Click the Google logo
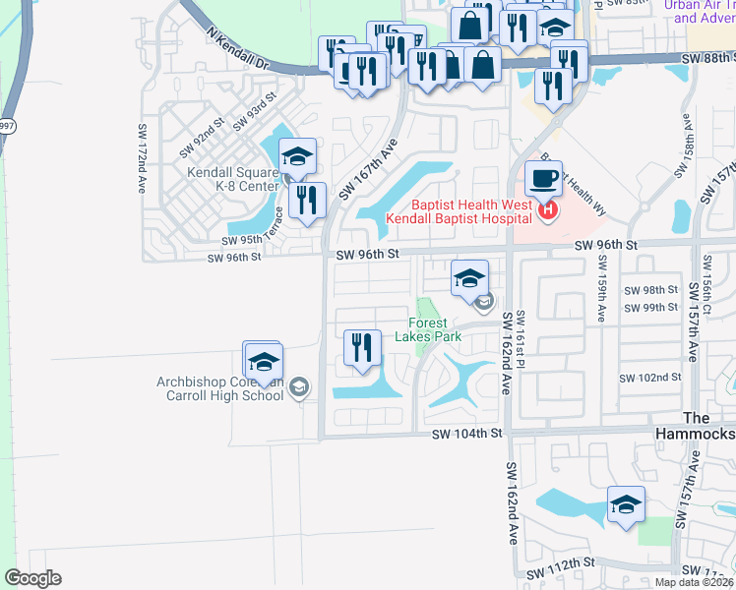[x=32, y=578]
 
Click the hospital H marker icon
[x=547, y=209]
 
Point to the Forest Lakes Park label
[x=428, y=328]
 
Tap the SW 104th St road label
[x=466, y=433]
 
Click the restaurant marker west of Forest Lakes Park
[x=361, y=347]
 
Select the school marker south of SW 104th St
[x=626, y=505]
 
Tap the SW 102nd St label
[x=649, y=378]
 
